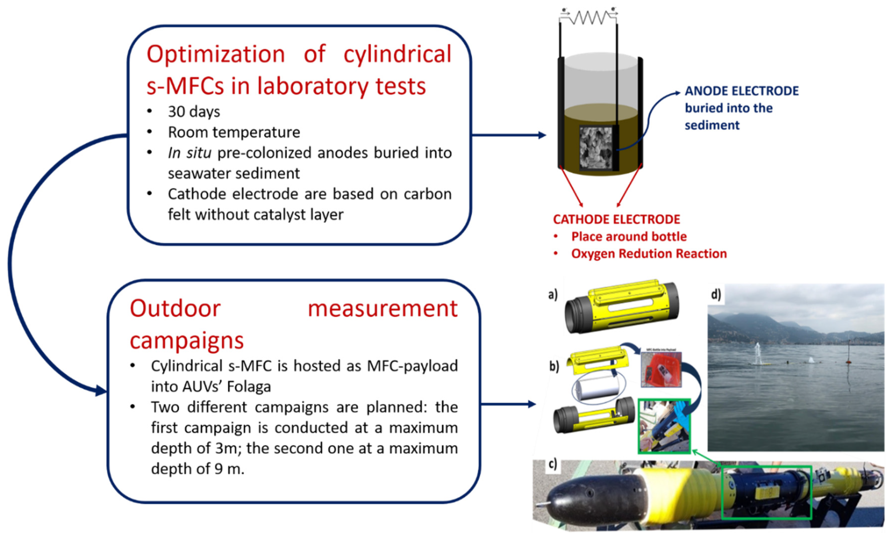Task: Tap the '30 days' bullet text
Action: coord(194,112)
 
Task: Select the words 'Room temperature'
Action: coord(234,132)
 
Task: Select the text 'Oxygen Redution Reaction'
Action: coord(649,254)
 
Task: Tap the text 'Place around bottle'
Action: coord(629,237)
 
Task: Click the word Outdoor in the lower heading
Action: coord(175,309)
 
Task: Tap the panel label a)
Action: coord(553,295)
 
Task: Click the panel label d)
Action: coord(716,295)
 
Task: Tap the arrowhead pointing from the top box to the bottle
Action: coord(542,135)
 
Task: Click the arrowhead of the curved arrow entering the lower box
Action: coord(102,390)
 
